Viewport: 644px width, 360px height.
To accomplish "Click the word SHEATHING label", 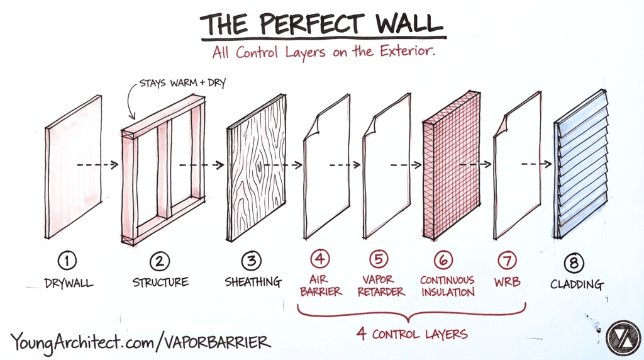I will click(253, 283).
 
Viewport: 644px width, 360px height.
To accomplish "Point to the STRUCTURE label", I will click(161, 283).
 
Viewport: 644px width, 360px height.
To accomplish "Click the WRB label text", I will click(507, 281).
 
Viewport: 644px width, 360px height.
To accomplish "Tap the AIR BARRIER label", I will click(321, 286).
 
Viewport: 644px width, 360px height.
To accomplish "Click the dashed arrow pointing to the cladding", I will click(534, 164).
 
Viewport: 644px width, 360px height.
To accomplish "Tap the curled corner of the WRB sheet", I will click(502, 129).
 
